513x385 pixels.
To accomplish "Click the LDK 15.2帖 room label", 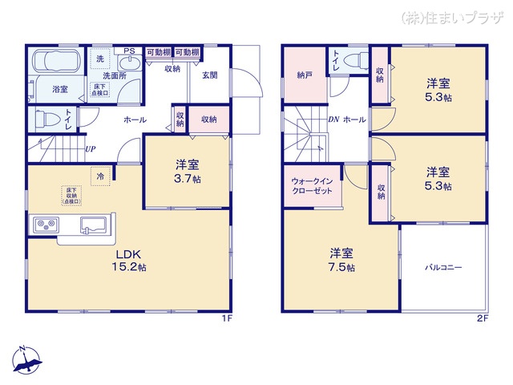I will click(x=129, y=261).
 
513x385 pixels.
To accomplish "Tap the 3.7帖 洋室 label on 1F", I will click(x=188, y=172).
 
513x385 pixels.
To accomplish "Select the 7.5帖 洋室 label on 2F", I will click(x=341, y=261).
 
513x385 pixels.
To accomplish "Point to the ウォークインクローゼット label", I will click(x=312, y=186).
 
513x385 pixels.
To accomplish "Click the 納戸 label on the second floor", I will click(x=304, y=75).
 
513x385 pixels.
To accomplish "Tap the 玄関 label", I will click(x=210, y=75).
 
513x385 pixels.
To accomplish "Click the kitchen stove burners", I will click(x=43, y=224).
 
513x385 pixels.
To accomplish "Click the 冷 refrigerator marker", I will click(x=100, y=176).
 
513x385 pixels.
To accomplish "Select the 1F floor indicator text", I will click(x=227, y=318).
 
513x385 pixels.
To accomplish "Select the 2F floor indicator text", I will click(x=482, y=318).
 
